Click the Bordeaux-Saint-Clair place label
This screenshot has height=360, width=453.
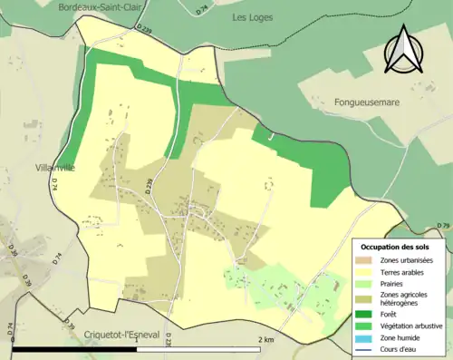[97, 6]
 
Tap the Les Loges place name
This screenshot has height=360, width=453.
[253, 17]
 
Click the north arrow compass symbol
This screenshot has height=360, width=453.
[403, 51]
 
